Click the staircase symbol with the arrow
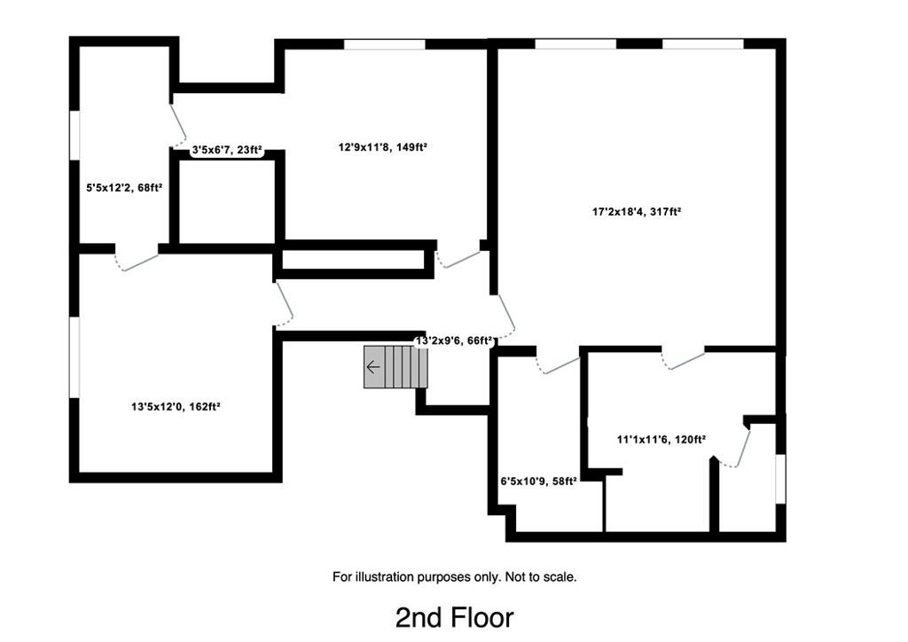[395, 367]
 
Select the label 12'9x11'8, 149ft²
[383, 148]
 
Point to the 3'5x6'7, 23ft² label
[228, 151]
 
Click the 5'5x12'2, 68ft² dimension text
[124, 188]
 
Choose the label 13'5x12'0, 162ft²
[176, 407]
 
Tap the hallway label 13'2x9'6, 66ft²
[453, 341]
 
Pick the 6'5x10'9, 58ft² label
[538, 481]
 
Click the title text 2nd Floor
[454, 616]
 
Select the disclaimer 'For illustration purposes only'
[454, 576]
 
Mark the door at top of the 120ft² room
[683, 358]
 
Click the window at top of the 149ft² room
[384, 44]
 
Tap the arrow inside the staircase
[373, 367]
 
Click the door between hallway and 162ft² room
[284, 304]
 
